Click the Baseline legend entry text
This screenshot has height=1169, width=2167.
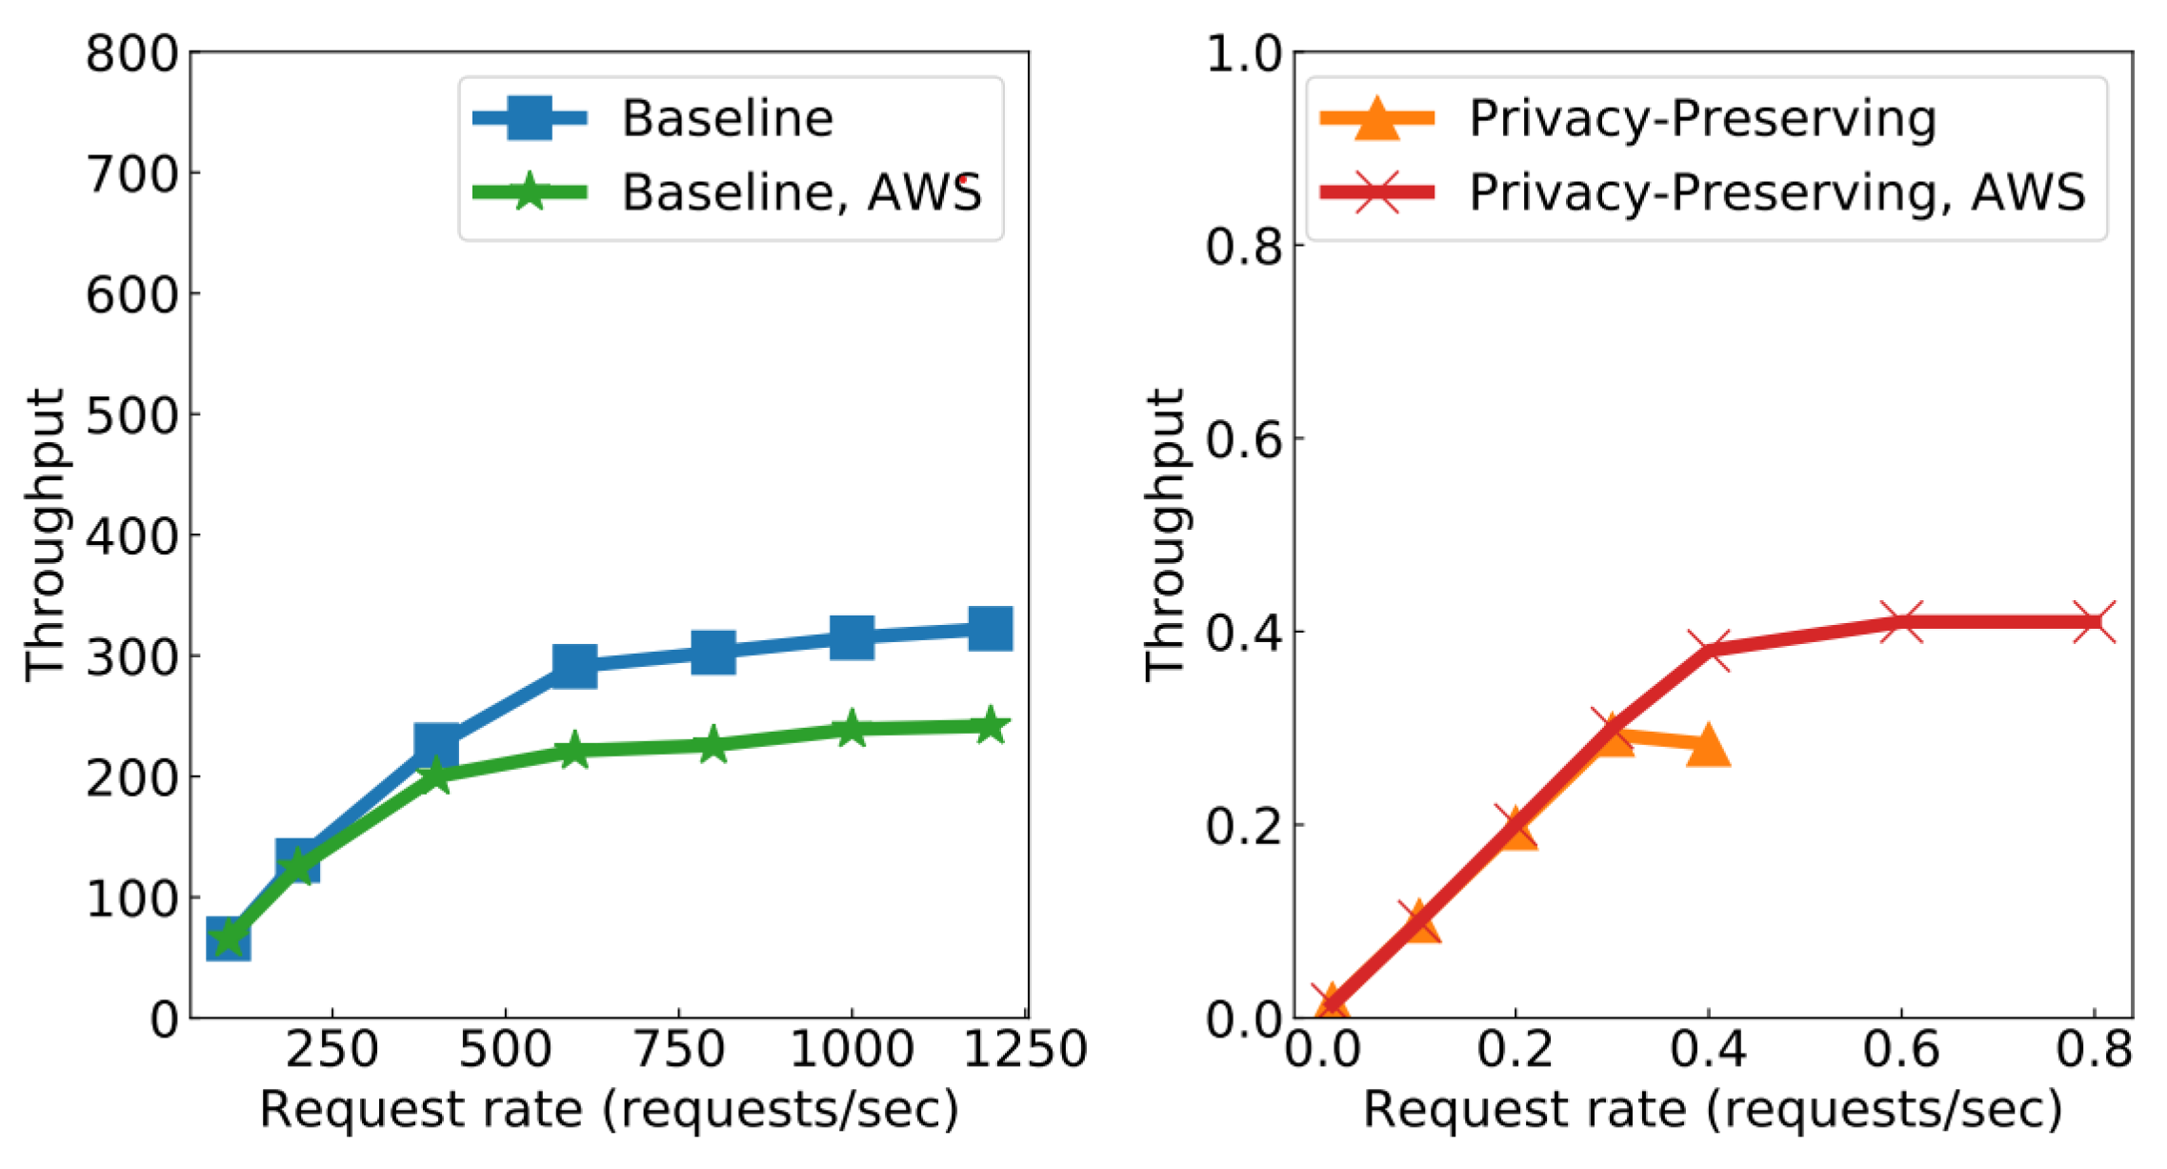(x=727, y=118)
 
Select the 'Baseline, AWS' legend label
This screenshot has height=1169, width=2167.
(x=801, y=192)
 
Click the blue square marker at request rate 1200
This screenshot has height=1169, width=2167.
(x=990, y=629)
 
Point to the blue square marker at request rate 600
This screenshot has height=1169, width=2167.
(x=574, y=664)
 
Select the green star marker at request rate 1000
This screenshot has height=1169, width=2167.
(x=852, y=730)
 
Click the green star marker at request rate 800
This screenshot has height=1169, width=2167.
(x=712, y=744)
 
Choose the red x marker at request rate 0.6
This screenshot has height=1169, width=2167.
(x=1901, y=622)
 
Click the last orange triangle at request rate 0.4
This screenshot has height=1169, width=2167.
(x=1708, y=746)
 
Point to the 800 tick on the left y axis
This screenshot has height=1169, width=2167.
(x=132, y=53)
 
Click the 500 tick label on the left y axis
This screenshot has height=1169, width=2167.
(x=132, y=415)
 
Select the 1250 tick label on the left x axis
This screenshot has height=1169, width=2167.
(x=1025, y=1050)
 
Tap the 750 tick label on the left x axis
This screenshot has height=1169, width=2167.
(x=679, y=1050)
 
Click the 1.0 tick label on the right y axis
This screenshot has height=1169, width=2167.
(x=1244, y=53)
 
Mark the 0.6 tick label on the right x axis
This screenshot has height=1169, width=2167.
(x=1901, y=1050)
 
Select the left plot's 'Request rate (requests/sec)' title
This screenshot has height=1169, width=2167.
(x=610, y=1110)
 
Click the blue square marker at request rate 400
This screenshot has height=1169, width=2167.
(x=436, y=744)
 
